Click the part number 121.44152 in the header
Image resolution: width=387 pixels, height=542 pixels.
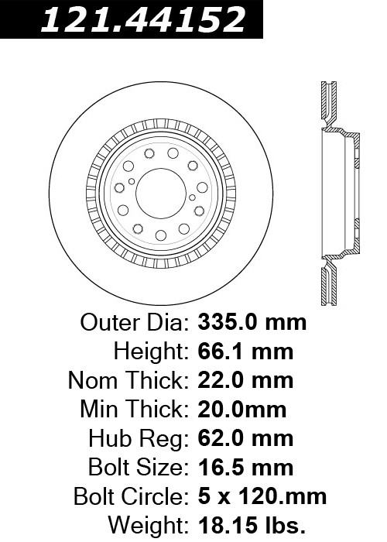click(x=143, y=19)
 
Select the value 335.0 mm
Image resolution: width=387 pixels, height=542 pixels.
click(x=252, y=323)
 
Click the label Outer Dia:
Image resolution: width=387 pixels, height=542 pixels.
click(x=135, y=323)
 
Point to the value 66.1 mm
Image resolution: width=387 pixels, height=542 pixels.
click(x=245, y=352)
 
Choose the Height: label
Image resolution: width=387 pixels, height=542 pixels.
click(x=152, y=352)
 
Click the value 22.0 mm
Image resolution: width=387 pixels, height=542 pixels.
click(x=245, y=380)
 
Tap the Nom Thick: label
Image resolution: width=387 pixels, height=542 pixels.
click(x=128, y=381)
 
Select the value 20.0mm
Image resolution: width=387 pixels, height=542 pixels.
click(x=241, y=410)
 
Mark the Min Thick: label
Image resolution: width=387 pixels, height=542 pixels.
click(x=135, y=410)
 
